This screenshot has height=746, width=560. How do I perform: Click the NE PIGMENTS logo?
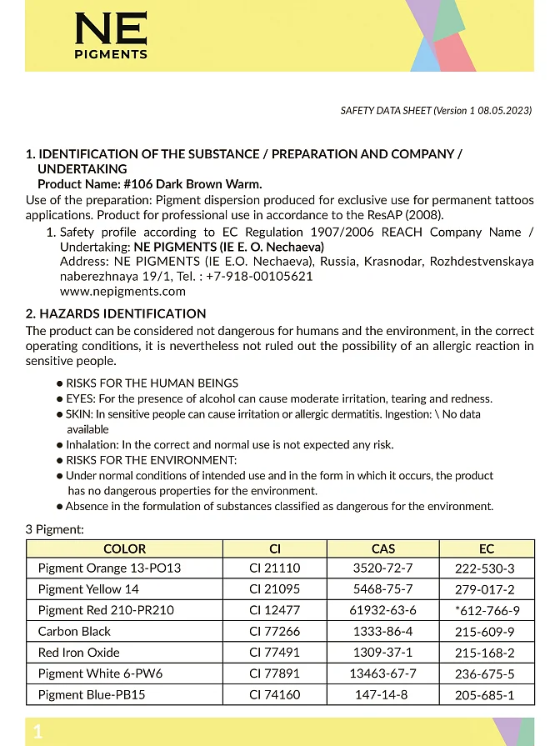111,36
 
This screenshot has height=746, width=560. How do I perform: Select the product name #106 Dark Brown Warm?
192,184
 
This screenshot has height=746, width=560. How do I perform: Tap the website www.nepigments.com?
122,292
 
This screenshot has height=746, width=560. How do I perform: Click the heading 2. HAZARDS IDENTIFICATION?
116,314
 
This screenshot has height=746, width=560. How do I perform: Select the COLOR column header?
124,548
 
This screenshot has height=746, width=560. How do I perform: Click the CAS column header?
382,548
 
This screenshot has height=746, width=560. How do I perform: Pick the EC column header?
486,548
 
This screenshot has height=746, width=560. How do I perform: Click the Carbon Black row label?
74,632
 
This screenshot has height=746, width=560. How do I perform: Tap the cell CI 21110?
274,568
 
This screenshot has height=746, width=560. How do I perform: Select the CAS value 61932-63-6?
382,610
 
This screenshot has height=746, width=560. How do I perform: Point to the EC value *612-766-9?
487,611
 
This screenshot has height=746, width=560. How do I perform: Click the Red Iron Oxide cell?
78,653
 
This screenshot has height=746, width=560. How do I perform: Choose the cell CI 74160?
274,694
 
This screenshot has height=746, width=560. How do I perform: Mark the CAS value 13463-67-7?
382,673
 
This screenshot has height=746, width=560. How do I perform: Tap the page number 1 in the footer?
37,732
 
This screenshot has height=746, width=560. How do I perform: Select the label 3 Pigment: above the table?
54,529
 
